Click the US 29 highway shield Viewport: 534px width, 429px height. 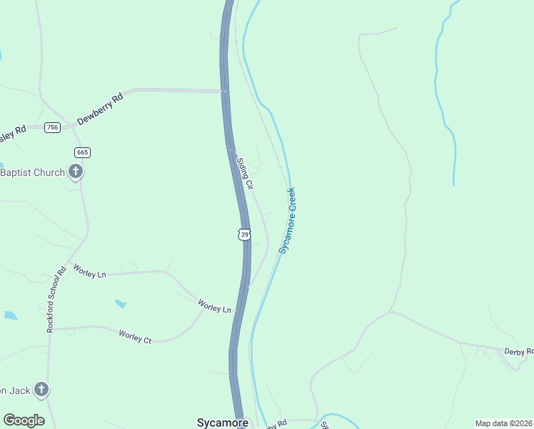point(245,234)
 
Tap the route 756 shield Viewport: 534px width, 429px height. point(52,127)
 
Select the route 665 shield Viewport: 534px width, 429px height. point(82,152)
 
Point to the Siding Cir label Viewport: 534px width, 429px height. point(246,173)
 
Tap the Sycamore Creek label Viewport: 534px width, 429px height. point(288,221)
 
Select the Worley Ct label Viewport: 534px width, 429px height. point(135,336)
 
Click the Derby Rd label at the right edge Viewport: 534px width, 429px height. point(518,351)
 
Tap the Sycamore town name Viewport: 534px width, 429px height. point(222,423)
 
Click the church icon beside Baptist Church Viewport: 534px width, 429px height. point(76,172)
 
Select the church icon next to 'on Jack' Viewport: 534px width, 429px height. point(42,390)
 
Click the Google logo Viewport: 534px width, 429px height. point(24,420)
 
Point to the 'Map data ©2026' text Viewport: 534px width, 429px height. point(503,423)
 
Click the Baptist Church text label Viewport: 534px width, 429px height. point(33,172)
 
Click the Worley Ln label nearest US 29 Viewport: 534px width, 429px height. point(216,308)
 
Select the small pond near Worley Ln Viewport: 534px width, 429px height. point(121,304)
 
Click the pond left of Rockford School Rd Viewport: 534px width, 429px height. point(10,315)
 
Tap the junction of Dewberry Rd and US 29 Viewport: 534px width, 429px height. point(223,92)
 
